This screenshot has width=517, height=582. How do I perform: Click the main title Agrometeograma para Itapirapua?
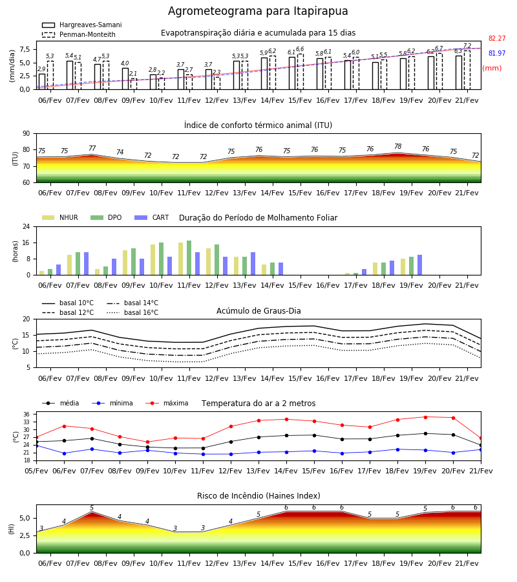tap(258, 11)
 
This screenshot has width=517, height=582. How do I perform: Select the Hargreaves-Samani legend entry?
tap(81, 25)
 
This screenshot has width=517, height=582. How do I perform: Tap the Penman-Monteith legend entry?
tap(79, 34)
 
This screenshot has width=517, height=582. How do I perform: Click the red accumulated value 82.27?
tap(497, 38)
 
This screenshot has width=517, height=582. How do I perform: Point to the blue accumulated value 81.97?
tap(497, 53)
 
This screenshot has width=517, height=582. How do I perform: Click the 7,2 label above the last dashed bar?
tap(467, 46)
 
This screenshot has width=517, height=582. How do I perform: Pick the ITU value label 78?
tap(398, 146)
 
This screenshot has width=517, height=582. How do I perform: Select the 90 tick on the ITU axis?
tap(26, 134)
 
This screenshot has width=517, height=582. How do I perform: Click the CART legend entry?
tap(152, 217)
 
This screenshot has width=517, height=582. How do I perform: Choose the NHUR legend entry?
tap(60, 217)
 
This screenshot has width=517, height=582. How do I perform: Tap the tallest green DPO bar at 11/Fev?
tap(189, 258)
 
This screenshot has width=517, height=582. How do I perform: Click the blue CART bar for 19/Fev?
tap(420, 265)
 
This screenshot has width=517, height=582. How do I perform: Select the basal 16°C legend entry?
tap(132, 312)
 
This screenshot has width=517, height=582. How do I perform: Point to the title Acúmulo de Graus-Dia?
tap(258, 310)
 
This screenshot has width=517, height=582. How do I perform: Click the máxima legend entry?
tap(167, 403)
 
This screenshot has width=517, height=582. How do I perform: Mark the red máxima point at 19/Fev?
tap(425, 417)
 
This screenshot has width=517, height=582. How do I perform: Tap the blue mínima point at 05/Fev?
tap(36, 446)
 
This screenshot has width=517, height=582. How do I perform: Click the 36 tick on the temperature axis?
tap(27, 415)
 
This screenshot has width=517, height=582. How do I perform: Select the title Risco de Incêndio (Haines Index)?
tap(258, 496)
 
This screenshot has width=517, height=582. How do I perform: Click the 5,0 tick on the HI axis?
tap(25, 518)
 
